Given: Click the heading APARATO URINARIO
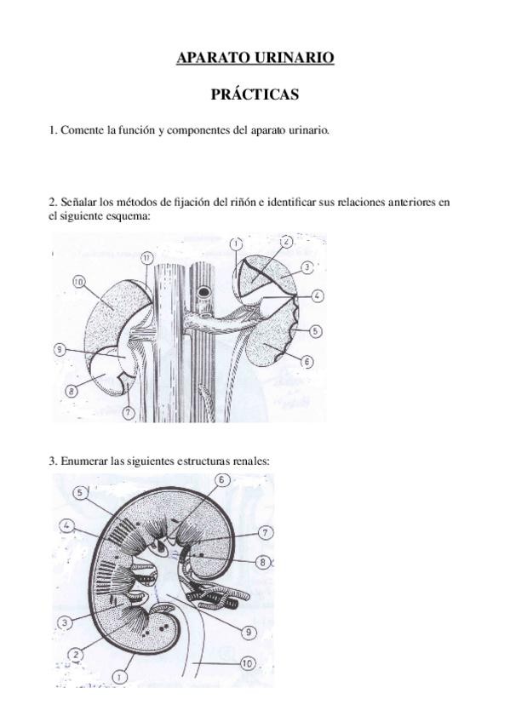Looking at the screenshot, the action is coord(255,58).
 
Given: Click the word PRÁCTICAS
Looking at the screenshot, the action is coord(255,95).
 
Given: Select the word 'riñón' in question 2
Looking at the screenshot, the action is coord(243,202).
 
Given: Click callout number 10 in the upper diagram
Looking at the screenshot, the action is coord(79,282).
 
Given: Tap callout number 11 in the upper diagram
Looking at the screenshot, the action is coord(146,259).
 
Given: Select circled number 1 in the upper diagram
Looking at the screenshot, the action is coord(236,244).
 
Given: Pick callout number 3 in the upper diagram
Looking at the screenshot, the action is coord(307,266).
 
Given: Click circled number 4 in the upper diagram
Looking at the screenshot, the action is coord(317,295).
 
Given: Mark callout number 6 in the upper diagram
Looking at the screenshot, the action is coord(307,362).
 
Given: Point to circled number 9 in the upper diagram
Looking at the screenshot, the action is coord(59,350).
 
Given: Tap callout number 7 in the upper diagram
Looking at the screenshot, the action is coord(128,413).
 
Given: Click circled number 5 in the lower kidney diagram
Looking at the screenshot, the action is coord(80,493).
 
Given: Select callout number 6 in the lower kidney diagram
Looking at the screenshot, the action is coord(221,480).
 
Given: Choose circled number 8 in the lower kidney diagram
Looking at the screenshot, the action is coord(263,562).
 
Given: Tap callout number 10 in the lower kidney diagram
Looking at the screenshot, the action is coord(248,663).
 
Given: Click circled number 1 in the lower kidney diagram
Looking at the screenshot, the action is coord(120,676).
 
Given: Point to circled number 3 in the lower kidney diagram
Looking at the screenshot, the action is coord(65,623).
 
